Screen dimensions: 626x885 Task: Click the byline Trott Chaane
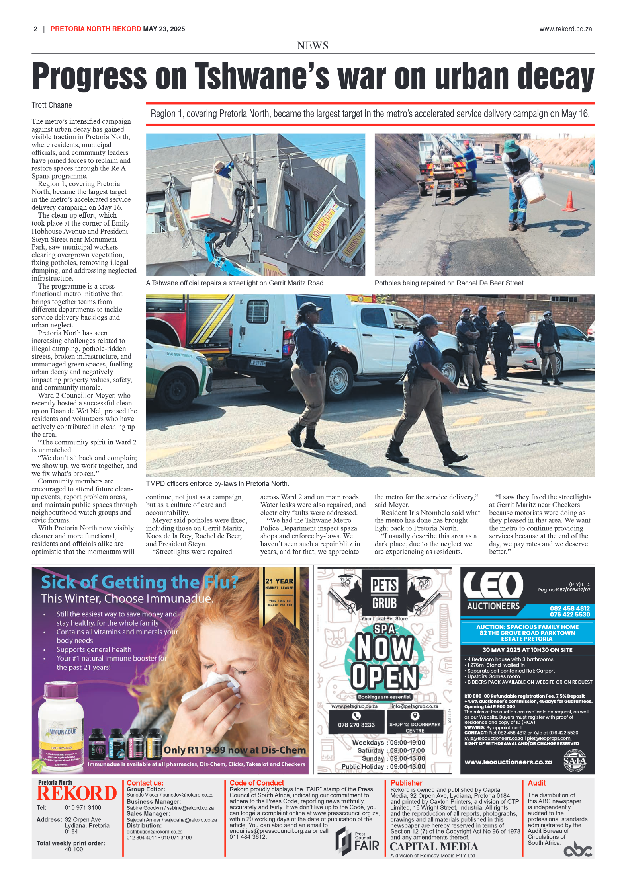(52, 105)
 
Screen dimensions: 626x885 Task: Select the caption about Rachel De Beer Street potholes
(450, 283)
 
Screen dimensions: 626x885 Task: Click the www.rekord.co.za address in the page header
(565, 29)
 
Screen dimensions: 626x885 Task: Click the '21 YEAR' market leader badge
(280, 584)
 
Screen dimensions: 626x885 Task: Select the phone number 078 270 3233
(356, 725)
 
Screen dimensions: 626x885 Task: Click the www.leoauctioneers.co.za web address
(508, 762)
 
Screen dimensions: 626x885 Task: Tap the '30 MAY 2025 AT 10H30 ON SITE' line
(527, 650)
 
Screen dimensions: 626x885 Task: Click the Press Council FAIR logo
(357, 841)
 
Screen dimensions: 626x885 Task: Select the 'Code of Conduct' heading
(256, 783)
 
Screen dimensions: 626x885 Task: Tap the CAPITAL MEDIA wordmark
(434, 846)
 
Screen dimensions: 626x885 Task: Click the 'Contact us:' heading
(145, 783)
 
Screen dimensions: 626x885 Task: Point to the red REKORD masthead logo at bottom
(76, 793)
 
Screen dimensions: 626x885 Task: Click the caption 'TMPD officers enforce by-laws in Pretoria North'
(217, 483)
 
